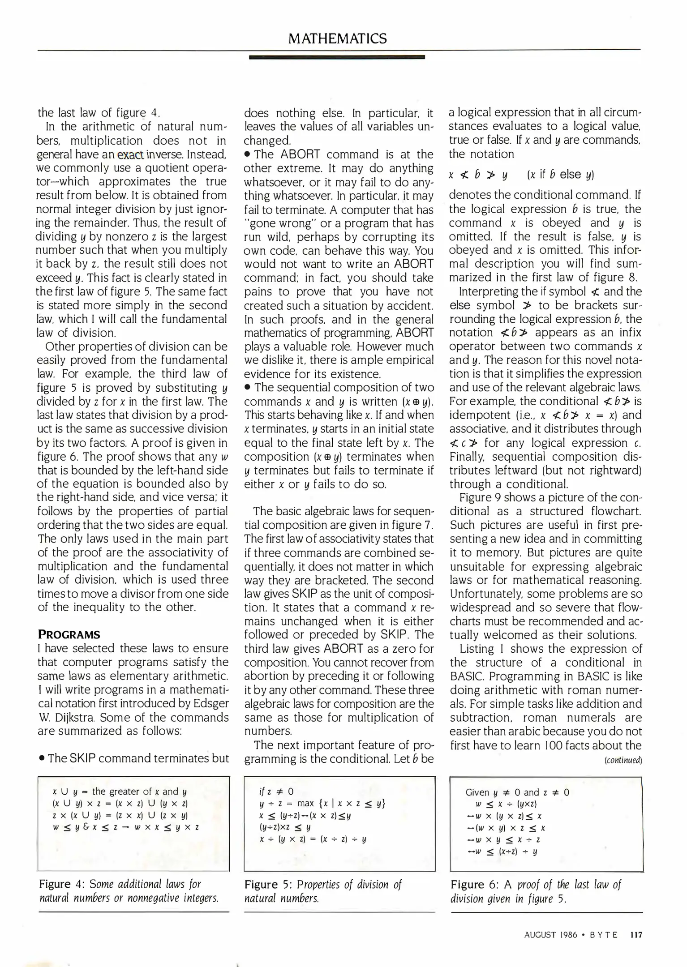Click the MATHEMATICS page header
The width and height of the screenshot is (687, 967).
point(337,39)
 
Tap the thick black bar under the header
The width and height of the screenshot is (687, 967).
point(336,57)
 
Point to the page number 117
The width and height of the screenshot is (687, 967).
point(635,935)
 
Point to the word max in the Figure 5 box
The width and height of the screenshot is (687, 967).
point(306,804)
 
